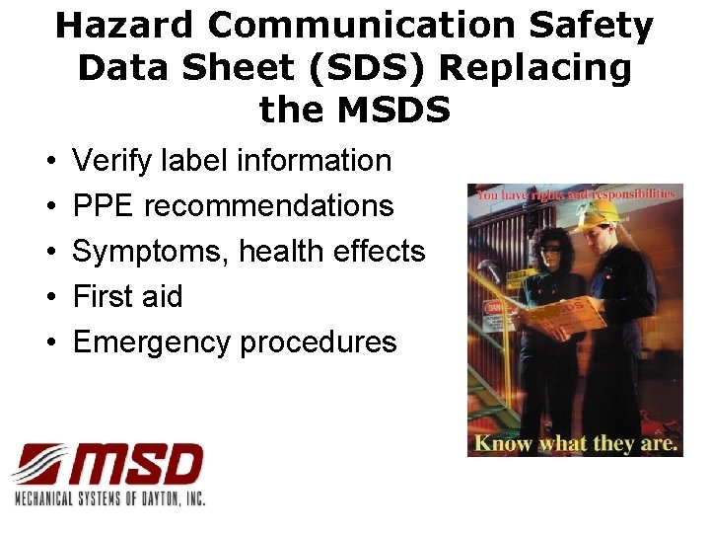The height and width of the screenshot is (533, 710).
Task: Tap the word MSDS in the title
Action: [x=394, y=109]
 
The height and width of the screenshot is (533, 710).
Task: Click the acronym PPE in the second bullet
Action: [x=105, y=206]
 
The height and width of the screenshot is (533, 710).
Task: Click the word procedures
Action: [x=318, y=343]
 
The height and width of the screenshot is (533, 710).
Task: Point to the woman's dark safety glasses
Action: [x=548, y=250]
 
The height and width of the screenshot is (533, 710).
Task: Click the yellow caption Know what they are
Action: [x=576, y=443]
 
